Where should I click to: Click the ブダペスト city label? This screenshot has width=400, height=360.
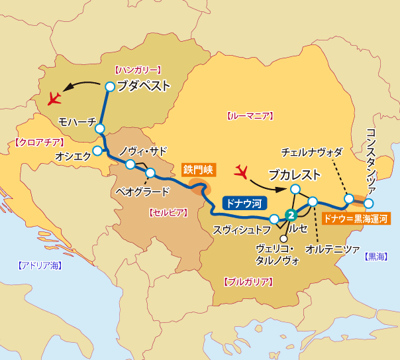tap(143, 86)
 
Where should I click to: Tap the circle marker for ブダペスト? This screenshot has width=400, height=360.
tap(110, 86)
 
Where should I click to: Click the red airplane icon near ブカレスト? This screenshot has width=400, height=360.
tap(242, 172)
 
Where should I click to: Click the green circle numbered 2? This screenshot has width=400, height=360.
tap(289, 215)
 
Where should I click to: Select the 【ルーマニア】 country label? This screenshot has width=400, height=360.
tap(250, 116)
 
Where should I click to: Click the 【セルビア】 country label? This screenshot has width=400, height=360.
tap(165, 212)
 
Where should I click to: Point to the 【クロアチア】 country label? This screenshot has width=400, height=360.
tap(38, 142)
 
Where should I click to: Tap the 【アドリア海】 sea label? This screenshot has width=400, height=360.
tap(39, 265)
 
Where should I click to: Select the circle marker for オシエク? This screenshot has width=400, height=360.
tap(97, 150)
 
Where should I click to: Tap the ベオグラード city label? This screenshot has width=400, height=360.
tap(142, 192)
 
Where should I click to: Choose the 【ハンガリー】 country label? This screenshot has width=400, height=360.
tap(138, 69)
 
